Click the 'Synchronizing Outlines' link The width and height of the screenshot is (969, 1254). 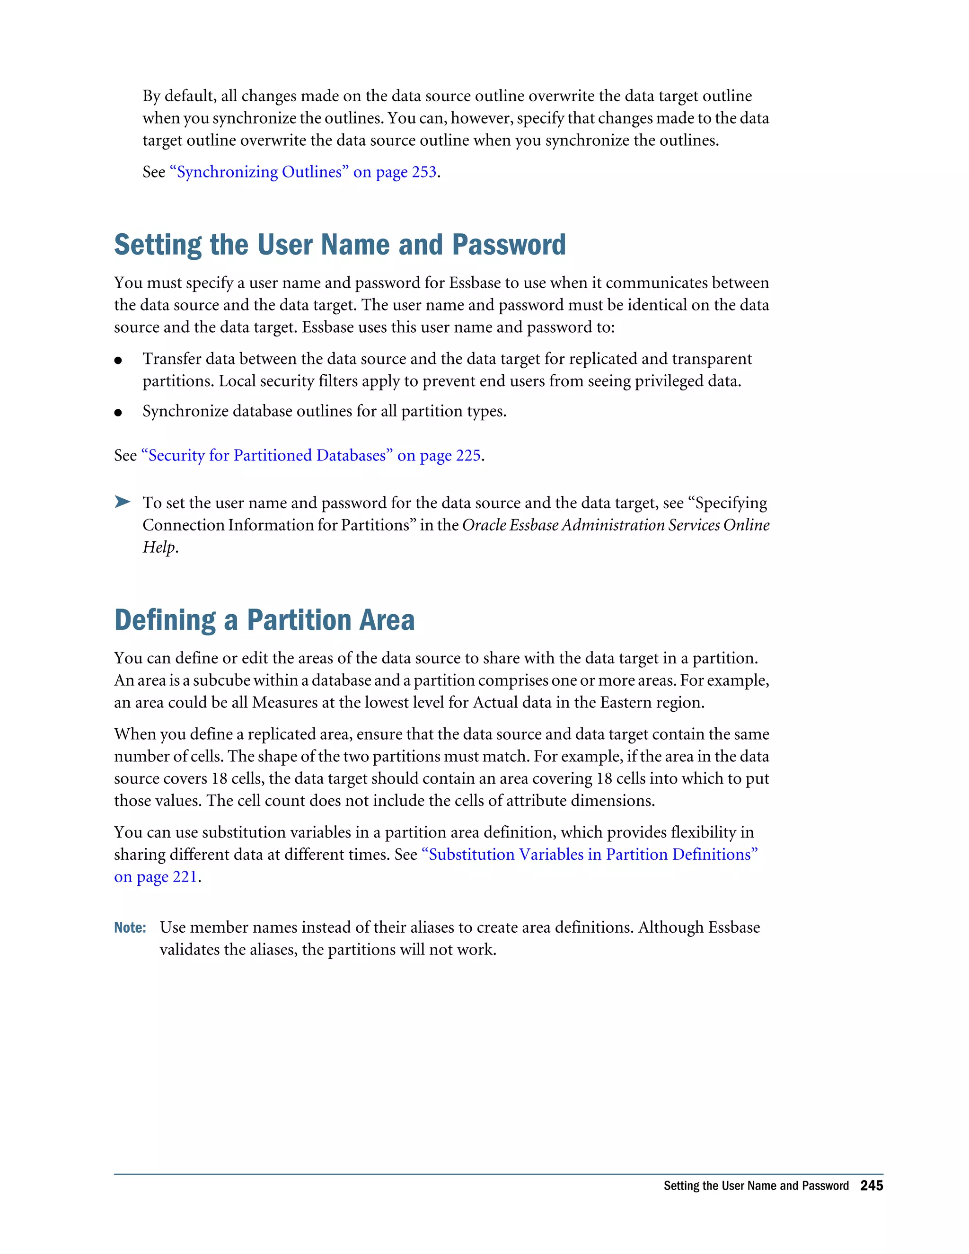[259, 172]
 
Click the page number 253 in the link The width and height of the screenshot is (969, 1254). [423, 172]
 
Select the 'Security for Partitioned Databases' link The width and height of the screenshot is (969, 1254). [267, 455]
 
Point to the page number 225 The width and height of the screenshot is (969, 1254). [468, 455]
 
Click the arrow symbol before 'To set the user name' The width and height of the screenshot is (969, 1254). [122, 502]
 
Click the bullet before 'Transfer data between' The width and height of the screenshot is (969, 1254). [118, 361]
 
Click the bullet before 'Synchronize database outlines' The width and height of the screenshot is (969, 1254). [118, 413]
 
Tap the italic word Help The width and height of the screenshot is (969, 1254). [159, 547]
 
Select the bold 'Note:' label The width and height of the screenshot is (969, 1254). [130, 928]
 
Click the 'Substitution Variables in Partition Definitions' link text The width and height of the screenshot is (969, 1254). [590, 854]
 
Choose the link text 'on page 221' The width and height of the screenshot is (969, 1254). [156, 877]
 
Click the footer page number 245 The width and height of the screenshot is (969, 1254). [871, 1186]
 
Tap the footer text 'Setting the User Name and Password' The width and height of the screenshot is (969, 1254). [756, 1186]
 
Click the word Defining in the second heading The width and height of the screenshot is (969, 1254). [165, 620]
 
